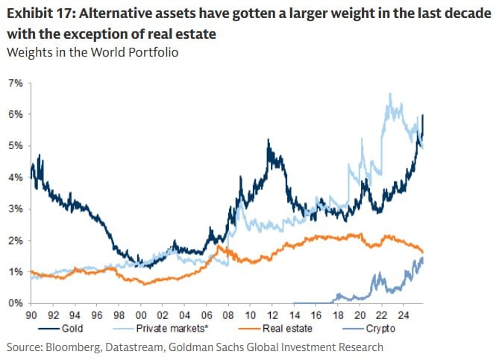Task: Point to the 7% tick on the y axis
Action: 15,83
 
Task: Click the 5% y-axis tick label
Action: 15,146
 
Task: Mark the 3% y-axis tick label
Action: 15,209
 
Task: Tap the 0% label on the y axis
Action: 15,303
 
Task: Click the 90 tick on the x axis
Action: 31,315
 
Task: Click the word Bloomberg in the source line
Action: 72,347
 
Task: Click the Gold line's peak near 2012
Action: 268,139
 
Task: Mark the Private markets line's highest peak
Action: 389,94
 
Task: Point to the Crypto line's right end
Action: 423,258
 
